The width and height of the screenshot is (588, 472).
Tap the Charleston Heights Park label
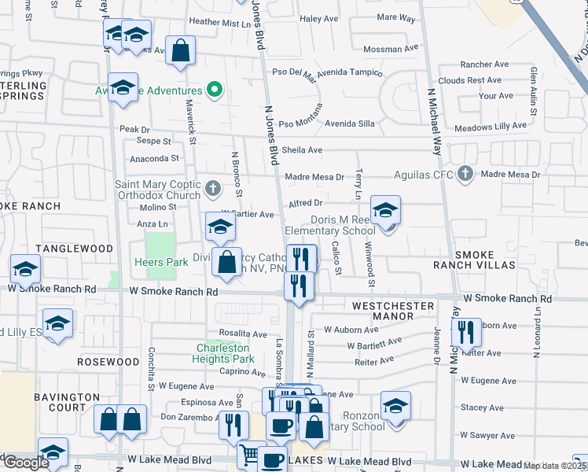[222, 353]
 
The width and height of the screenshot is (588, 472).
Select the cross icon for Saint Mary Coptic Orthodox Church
[213, 189]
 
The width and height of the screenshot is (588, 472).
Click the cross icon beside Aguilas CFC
[465, 174]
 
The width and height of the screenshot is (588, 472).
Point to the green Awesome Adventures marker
[213, 90]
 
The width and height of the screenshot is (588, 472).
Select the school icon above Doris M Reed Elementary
[385, 209]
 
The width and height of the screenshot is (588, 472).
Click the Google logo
[26, 463]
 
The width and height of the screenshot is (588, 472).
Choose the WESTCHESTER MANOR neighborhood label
[393, 310]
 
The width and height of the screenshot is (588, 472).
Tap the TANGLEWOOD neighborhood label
[79, 248]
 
